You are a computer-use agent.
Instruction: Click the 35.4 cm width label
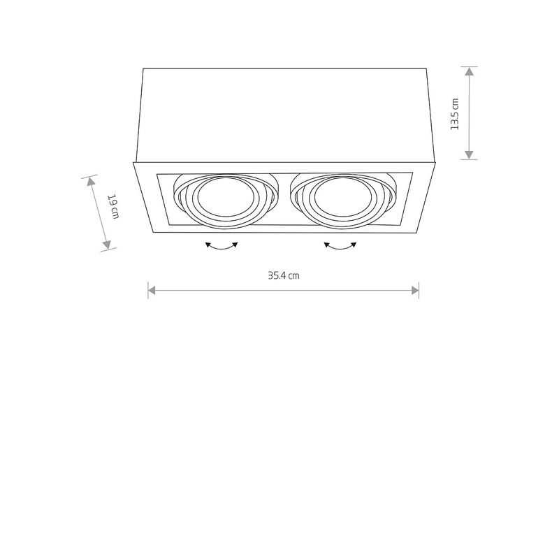(x=284, y=275)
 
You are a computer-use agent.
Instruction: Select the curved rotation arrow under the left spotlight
(x=222, y=246)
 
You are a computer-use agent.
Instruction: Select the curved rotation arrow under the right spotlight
(x=340, y=246)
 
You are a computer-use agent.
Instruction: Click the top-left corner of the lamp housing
(x=143, y=68)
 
